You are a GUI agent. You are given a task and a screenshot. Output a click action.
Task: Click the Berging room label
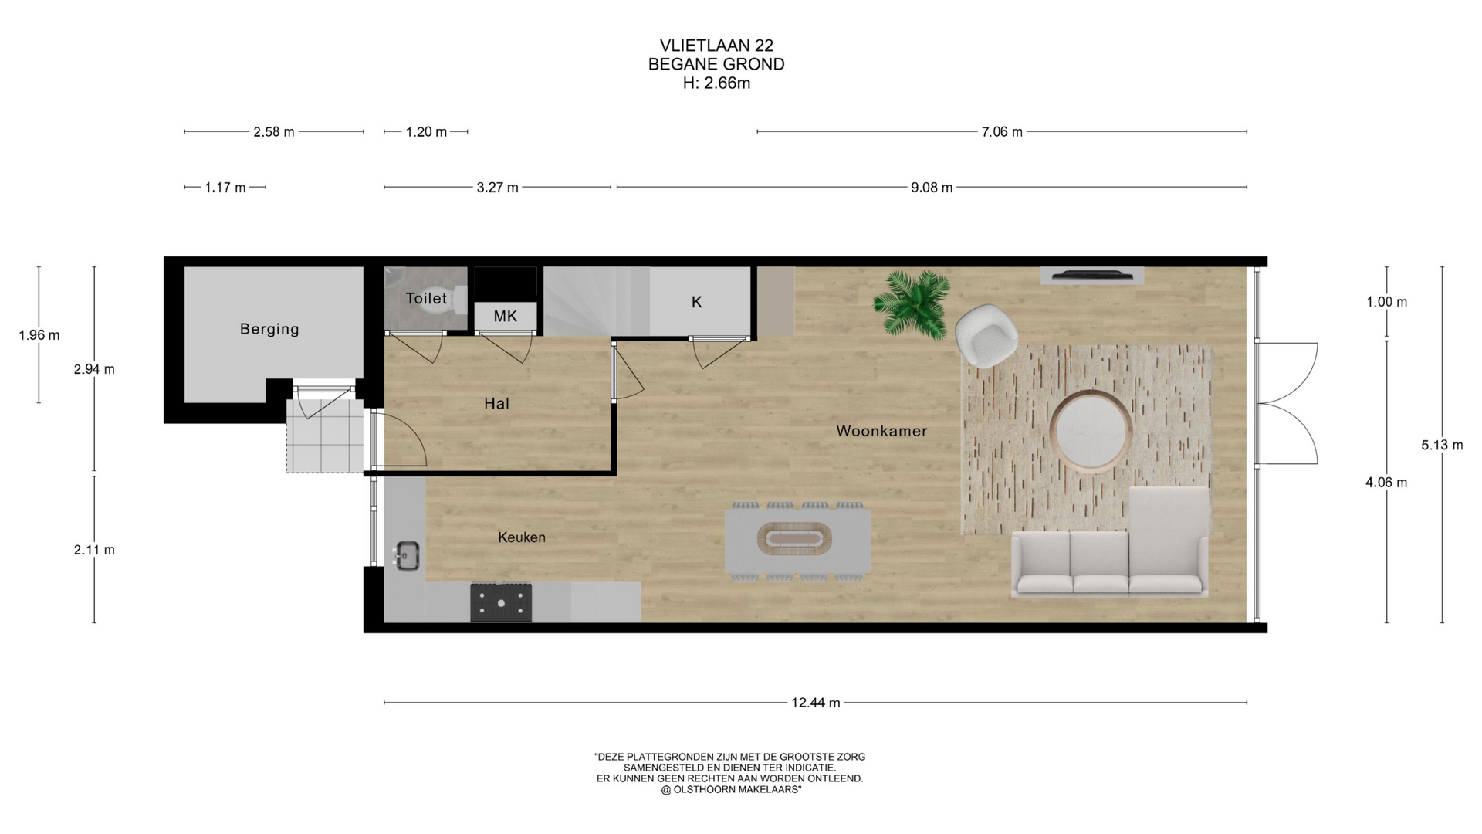point(269,329)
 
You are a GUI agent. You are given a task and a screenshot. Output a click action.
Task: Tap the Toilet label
point(426,298)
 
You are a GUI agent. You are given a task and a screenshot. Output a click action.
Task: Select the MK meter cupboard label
point(505,317)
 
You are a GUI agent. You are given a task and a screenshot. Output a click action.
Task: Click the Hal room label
point(496,403)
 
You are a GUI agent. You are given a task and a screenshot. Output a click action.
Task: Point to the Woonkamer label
point(881,431)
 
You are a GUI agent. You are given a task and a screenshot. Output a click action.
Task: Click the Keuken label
point(522,537)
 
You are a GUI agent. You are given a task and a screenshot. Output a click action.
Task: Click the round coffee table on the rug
point(1091,430)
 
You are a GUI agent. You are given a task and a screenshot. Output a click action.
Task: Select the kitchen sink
point(406,554)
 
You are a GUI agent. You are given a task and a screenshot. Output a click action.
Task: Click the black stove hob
point(502,602)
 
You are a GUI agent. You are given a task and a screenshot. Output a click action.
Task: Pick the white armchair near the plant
point(986,335)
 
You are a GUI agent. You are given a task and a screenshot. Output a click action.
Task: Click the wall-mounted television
point(1092,274)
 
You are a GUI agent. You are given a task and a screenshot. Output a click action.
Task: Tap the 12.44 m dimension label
point(815,703)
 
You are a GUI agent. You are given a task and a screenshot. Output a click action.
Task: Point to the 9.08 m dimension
point(932,188)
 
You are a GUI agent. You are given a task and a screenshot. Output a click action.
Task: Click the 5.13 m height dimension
point(1442,445)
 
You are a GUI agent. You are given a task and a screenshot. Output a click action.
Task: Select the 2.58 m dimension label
point(274,132)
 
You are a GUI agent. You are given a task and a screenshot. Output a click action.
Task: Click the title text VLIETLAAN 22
point(716,46)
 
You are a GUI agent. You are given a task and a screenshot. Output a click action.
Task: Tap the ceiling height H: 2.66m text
point(716,83)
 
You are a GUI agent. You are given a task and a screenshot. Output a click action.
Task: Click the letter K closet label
point(696,303)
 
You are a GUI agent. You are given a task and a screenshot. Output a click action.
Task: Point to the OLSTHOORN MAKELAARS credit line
point(730,790)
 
